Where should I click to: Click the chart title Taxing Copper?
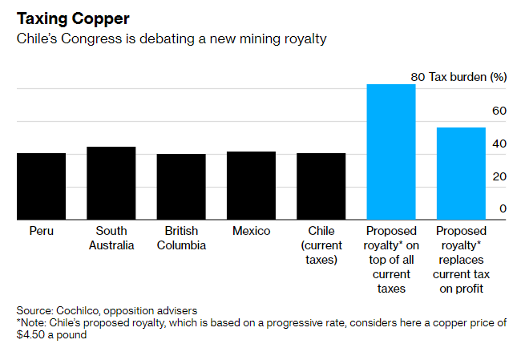(x=73, y=18)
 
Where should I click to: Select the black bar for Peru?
(x=41, y=186)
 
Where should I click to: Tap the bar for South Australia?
(x=111, y=183)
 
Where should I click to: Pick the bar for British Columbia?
(x=180, y=186)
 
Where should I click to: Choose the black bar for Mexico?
(x=251, y=185)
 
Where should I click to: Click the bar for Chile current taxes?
(x=321, y=186)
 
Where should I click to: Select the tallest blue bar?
(x=391, y=152)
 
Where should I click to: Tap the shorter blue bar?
(x=461, y=173)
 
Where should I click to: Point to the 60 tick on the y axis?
(x=499, y=111)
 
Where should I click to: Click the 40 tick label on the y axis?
(x=499, y=144)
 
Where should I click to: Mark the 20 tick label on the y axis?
(x=499, y=176)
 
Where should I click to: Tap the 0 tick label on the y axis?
(x=503, y=209)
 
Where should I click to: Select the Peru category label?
(x=42, y=231)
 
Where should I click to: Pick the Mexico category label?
(x=251, y=231)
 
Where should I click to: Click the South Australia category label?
(x=111, y=238)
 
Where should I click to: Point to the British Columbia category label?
(x=180, y=238)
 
